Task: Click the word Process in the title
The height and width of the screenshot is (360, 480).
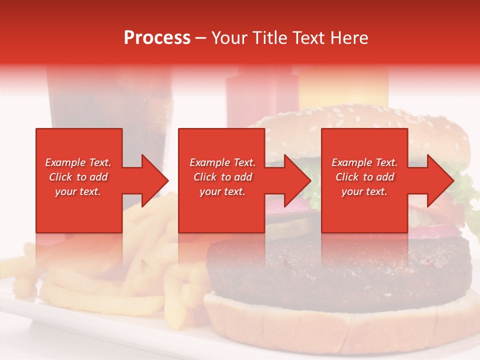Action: point(157,38)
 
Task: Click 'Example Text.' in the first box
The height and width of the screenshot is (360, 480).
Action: point(78,162)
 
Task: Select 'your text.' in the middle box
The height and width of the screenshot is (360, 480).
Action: point(222,191)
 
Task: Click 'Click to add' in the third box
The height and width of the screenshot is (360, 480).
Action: point(364,177)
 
